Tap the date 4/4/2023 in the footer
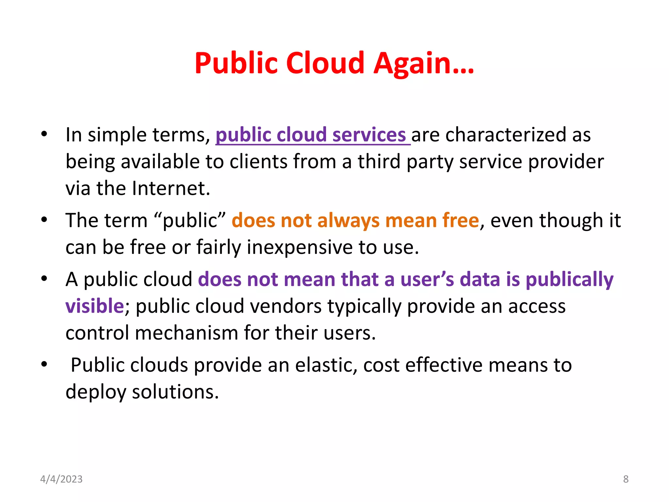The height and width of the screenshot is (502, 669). pyautogui.click(x=61, y=479)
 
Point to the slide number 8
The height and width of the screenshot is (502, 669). pyautogui.click(x=626, y=479)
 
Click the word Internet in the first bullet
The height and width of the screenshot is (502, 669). pyautogui.click(x=171, y=188)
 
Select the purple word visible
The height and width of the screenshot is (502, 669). pyautogui.click(x=94, y=306)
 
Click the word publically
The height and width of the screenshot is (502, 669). pyautogui.click(x=569, y=280)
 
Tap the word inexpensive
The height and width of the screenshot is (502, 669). pyautogui.click(x=300, y=247)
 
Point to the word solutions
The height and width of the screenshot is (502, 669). pyautogui.click(x=175, y=392)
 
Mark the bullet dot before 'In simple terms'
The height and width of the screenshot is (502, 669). pyautogui.click(x=44, y=134)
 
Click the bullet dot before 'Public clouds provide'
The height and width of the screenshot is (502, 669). pyautogui.click(x=44, y=364)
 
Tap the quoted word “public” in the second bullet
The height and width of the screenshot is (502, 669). pyautogui.click(x=189, y=220)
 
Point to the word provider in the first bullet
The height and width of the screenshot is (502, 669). pyautogui.click(x=566, y=162)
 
